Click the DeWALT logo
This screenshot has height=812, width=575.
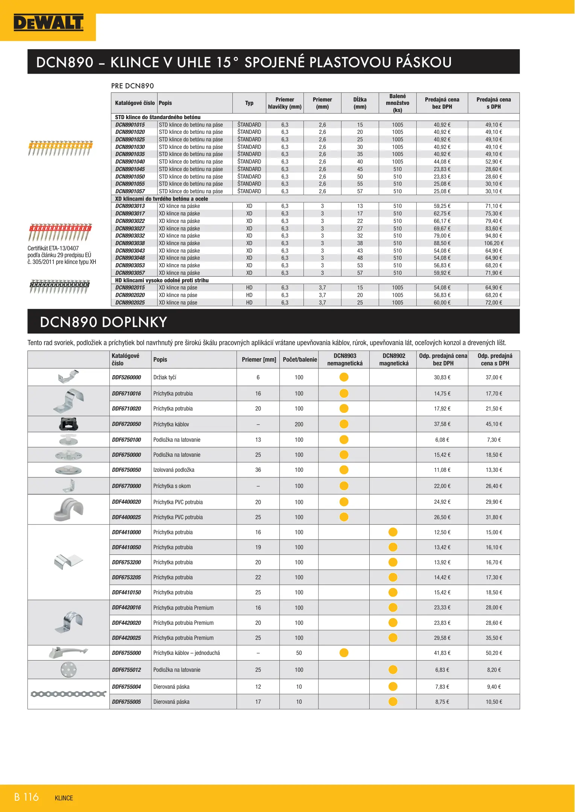click(49, 23)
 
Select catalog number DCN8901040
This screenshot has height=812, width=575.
click(130, 162)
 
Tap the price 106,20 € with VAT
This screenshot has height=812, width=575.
click(493, 243)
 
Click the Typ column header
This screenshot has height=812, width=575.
click(249, 103)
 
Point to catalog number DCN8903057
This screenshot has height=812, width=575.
click(130, 273)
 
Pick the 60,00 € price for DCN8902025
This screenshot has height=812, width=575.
click(442, 303)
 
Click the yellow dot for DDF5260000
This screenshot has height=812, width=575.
click(344, 377)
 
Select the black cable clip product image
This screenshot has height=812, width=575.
click(68, 424)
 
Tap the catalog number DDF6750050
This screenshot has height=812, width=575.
click(126, 470)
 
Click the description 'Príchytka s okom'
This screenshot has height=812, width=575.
click(172, 486)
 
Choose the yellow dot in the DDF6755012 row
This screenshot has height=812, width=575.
click(393, 670)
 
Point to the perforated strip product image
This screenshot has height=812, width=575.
click(68, 694)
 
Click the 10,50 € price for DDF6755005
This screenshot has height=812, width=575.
click(493, 702)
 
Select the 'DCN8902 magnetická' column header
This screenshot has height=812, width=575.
click(393, 359)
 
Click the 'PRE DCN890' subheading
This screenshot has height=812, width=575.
click(132, 86)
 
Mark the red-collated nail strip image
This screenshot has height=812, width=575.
click(60, 232)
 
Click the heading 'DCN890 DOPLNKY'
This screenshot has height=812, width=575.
click(103, 322)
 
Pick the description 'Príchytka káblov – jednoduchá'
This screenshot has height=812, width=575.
click(187, 653)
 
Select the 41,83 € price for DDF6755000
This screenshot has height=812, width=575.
click(442, 653)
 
